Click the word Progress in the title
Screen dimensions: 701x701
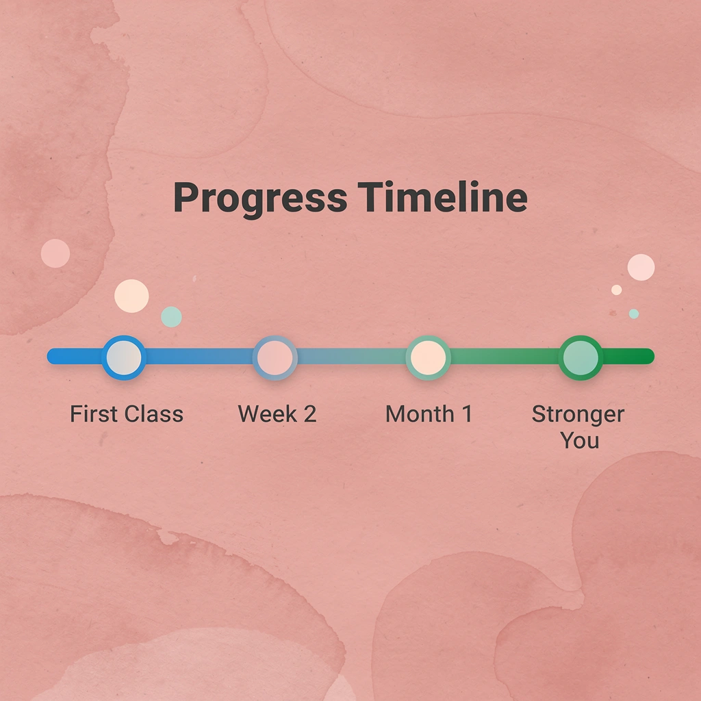259,199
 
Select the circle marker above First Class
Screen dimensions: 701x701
123,357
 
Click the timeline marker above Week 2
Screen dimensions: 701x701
275,357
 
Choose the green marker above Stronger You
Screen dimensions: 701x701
580,357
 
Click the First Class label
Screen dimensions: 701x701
127,414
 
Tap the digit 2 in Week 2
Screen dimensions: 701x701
309,414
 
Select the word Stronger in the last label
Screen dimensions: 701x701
578,414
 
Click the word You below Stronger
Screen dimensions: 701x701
580,440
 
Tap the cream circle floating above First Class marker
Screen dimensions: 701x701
131,296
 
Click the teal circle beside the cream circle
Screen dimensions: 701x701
171,316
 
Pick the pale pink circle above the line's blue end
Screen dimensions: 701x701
55,253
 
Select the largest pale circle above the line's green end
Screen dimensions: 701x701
641,267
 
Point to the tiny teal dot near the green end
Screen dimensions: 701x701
634,314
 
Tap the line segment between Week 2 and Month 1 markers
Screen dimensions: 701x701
351,357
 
